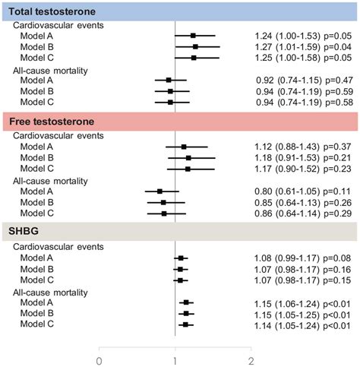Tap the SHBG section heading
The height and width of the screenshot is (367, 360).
(x=24, y=233)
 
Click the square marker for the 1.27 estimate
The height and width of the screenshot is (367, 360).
(x=195, y=46)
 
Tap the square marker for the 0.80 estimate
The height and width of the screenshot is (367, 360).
(x=160, y=191)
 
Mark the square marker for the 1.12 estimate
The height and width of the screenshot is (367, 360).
(x=184, y=147)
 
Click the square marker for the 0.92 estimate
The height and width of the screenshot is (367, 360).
(x=169, y=80)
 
